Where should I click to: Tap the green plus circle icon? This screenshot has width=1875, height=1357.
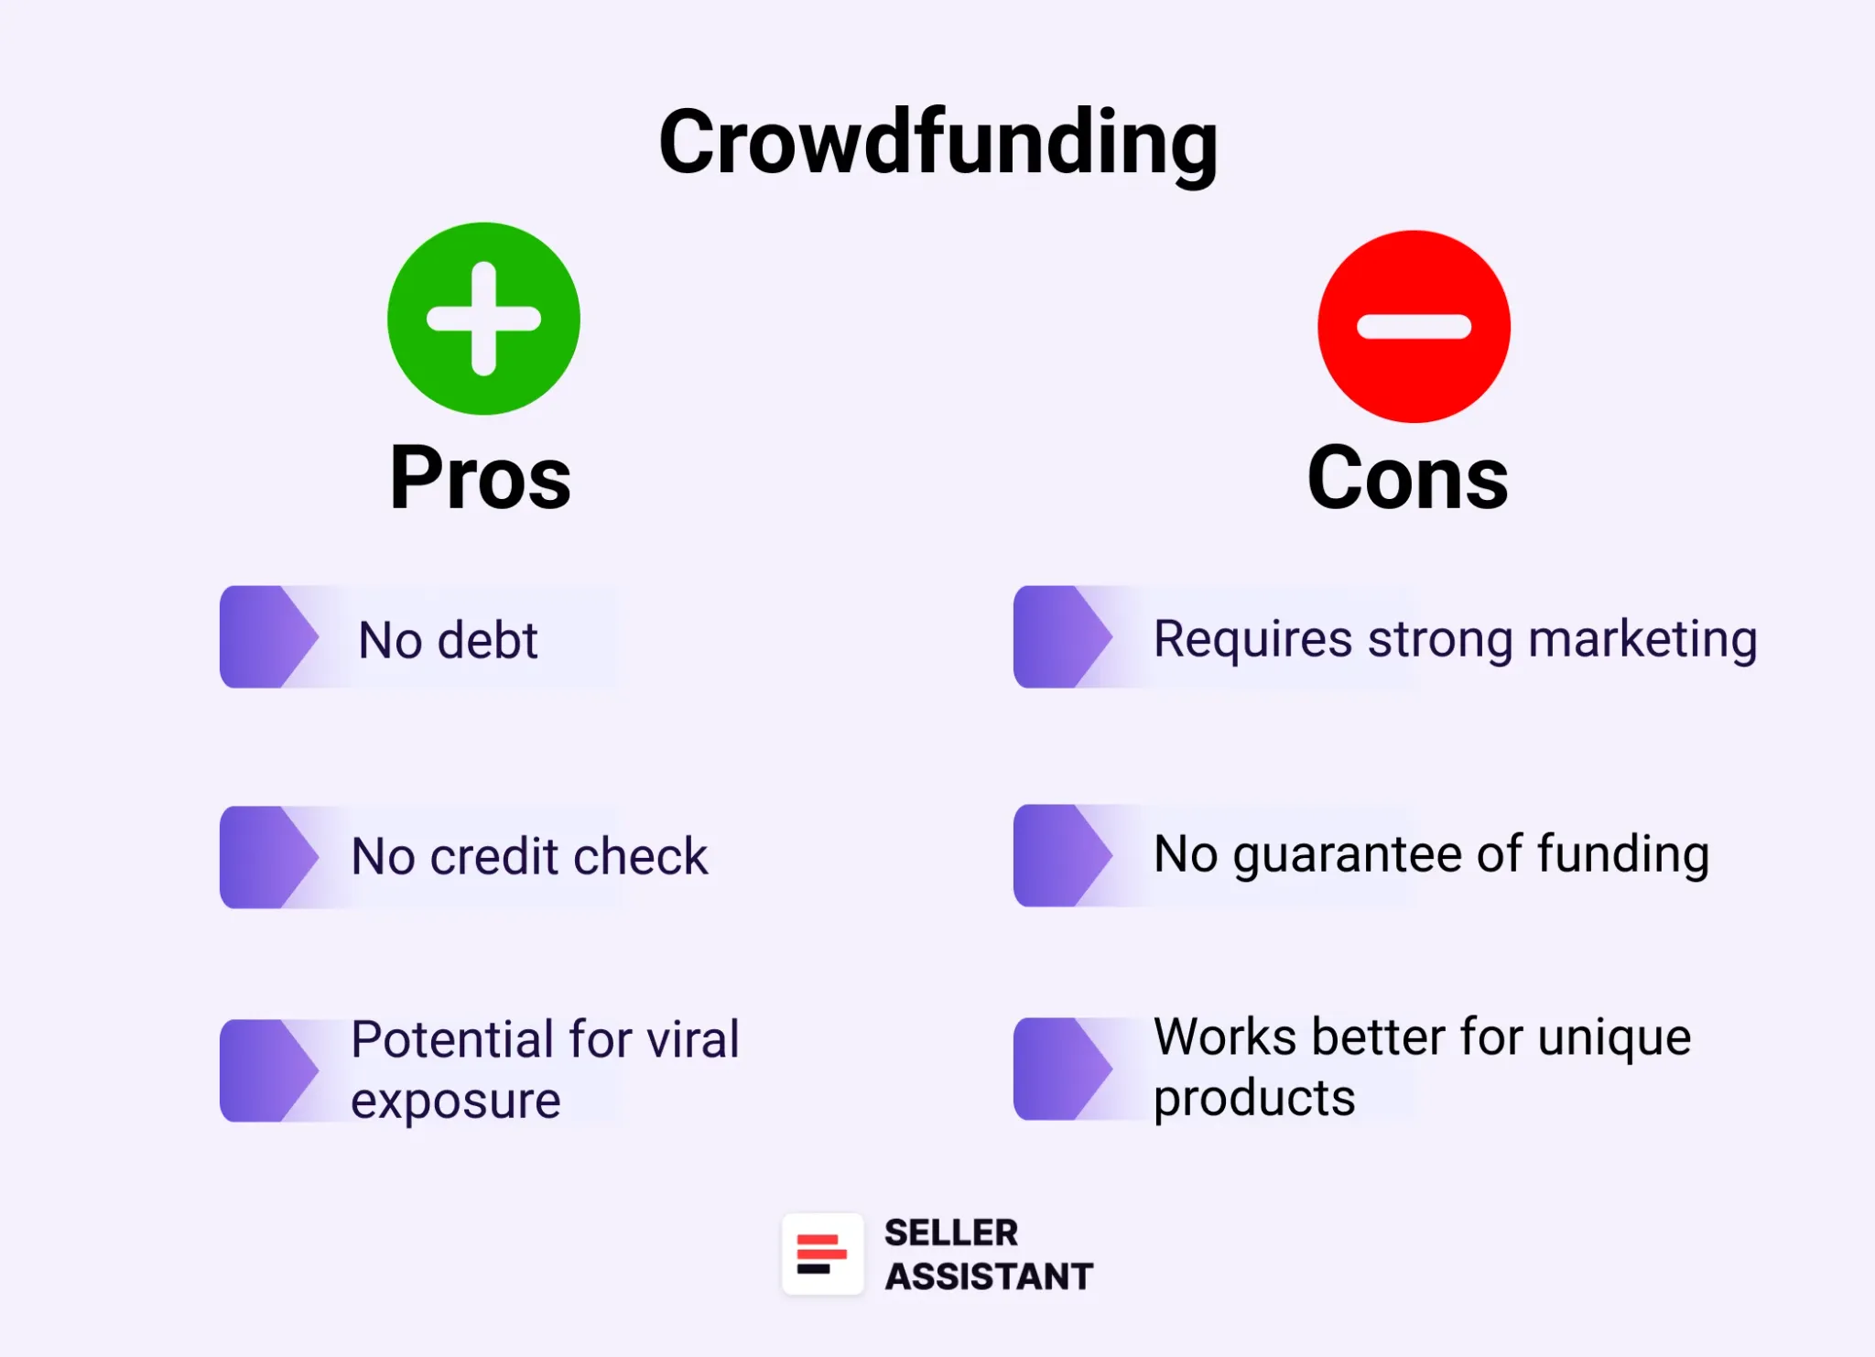(x=483, y=319)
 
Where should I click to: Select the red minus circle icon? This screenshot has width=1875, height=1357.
(x=1414, y=327)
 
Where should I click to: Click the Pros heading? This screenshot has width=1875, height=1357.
(x=480, y=478)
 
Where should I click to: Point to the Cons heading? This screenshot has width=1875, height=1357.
(x=1407, y=478)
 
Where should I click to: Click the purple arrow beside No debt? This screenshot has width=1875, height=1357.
(x=268, y=636)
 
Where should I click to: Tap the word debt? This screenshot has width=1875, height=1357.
(x=487, y=639)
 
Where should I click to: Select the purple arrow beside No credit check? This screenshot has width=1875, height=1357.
(x=268, y=857)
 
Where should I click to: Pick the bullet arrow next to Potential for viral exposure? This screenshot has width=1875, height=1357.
(x=268, y=1070)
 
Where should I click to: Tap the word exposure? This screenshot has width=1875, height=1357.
(x=455, y=1101)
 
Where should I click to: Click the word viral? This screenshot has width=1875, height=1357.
(x=692, y=1039)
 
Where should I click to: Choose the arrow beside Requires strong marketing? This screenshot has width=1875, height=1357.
(x=1062, y=636)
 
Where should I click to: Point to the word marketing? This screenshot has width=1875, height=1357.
(x=1642, y=639)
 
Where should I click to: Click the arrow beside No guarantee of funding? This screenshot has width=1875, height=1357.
(x=1062, y=855)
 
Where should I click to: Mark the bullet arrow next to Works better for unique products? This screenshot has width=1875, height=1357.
(x=1062, y=1069)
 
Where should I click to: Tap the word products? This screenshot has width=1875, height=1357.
(x=1253, y=1098)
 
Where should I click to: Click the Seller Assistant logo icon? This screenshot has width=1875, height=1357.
(x=822, y=1254)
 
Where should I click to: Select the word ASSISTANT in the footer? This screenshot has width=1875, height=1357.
(x=989, y=1276)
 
